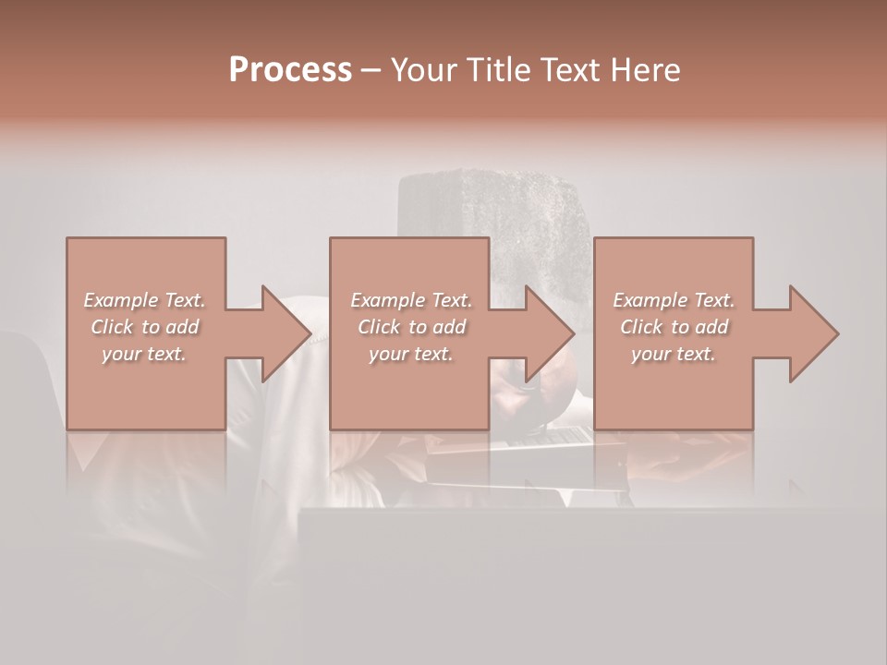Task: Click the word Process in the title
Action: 290,70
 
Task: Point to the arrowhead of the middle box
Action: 549,333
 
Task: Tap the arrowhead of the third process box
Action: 813,333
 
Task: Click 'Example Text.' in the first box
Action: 144,300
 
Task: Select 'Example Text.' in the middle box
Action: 410,300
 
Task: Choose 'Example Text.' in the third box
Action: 674,300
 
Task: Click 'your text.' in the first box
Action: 144,354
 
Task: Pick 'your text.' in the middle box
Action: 410,354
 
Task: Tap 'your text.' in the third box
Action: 674,354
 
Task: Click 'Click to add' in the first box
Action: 144,327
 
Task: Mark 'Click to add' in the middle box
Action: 410,327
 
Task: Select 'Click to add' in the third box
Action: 674,327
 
